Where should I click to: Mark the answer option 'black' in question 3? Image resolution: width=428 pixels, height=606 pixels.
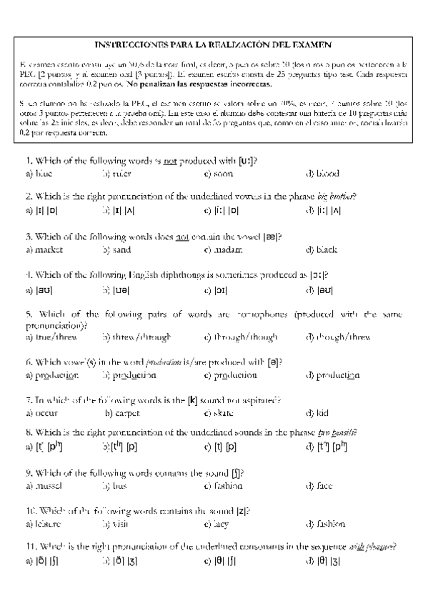click(x=326, y=250)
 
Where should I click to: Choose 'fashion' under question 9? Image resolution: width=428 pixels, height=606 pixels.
click(x=228, y=486)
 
